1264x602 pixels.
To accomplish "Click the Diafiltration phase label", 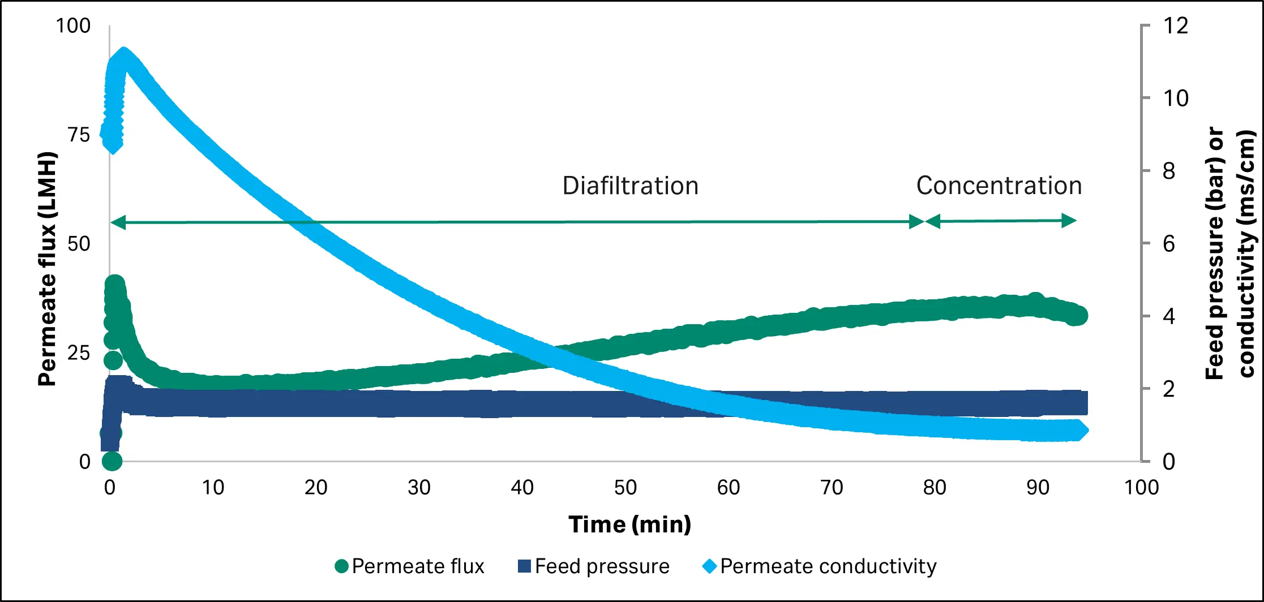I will click(x=630, y=186).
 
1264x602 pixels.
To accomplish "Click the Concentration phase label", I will click(x=999, y=186).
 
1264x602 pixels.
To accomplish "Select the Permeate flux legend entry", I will click(x=410, y=566).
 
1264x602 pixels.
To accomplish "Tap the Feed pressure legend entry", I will click(x=594, y=566).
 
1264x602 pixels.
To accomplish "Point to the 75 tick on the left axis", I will click(x=79, y=135).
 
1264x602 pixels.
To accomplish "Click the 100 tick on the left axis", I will click(x=73, y=26).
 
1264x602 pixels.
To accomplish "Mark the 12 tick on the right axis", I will click(x=1175, y=26).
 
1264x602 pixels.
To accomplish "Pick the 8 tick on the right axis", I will click(x=1169, y=171).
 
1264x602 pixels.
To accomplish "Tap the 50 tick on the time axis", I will click(x=625, y=487).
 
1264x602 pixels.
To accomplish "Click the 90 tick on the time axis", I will click(x=1038, y=487).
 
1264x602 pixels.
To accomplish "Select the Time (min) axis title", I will click(x=629, y=524).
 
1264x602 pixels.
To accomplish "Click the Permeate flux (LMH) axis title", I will click(x=48, y=269).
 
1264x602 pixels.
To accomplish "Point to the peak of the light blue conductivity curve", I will click(x=123, y=58).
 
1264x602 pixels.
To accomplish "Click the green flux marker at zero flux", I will click(x=112, y=461).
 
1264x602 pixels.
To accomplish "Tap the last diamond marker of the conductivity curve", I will click(x=1079, y=431).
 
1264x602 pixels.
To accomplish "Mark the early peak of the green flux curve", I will click(x=115, y=285).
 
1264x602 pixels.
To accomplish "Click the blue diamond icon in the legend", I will click(x=709, y=566).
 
